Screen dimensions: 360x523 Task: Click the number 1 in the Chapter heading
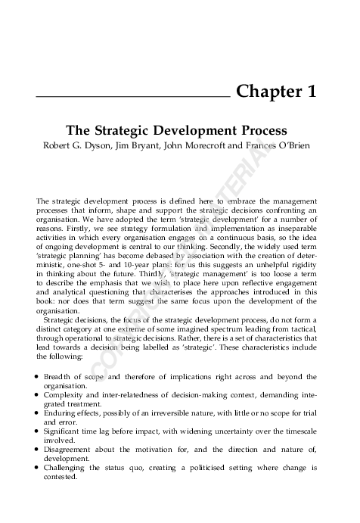tap(310, 93)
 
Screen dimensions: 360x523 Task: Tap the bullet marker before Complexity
tap(38, 395)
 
